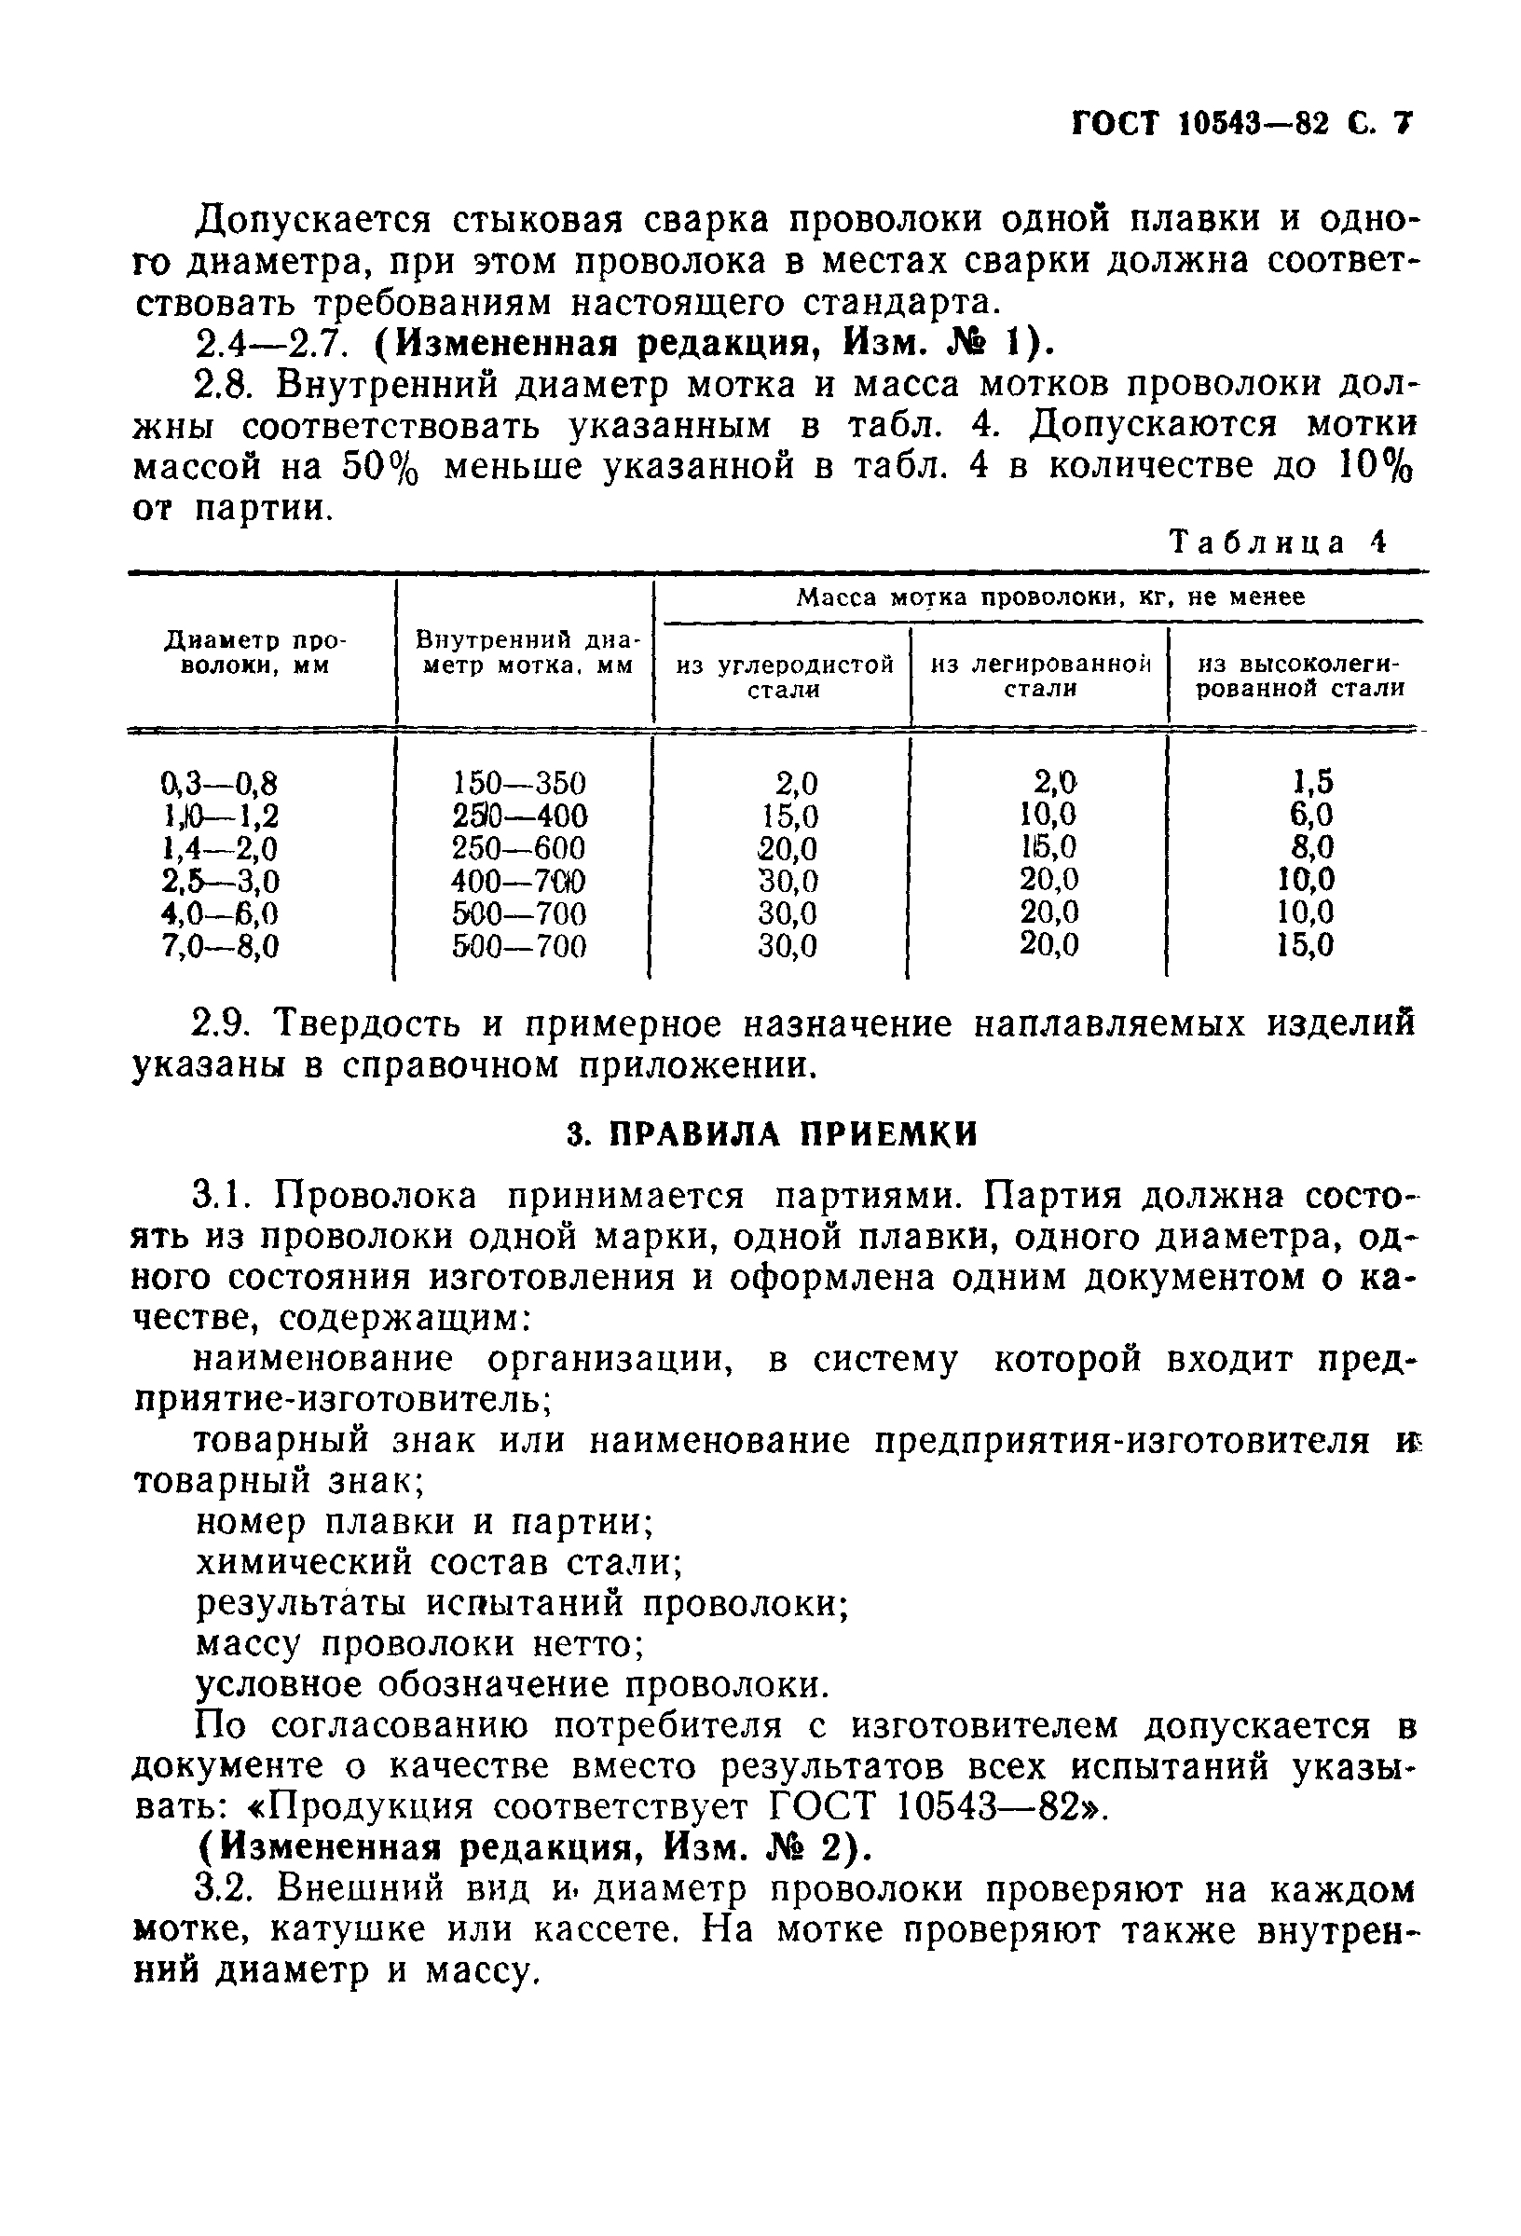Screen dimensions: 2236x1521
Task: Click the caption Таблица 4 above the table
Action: point(1280,542)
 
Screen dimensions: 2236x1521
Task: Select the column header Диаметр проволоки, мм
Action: point(255,652)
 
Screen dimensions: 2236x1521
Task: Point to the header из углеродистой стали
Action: point(784,677)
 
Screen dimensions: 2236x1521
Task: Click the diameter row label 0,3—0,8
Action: point(220,782)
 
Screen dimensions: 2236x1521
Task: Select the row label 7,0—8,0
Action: point(220,947)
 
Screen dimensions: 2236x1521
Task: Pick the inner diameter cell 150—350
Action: point(519,782)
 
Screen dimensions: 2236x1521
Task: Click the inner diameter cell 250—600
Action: point(519,848)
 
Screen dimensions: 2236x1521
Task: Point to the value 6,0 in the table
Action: point(1312,815)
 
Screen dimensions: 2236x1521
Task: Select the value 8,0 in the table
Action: point(1312,847)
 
